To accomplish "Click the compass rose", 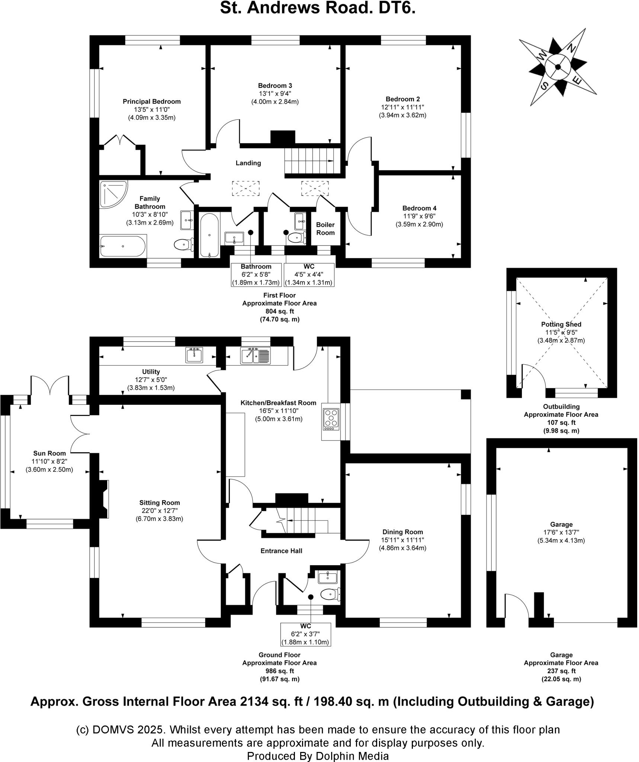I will coord(558,67).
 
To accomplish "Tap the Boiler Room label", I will coord(325,228).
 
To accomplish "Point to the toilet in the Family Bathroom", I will coord(183,244).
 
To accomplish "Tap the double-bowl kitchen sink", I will coord(255,355).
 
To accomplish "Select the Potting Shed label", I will coord(561,324).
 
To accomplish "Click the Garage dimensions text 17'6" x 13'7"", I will coord(561,532).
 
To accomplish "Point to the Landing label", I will coord(248,163).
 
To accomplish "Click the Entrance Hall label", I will coord(281,551).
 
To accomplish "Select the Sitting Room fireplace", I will coord(103,499).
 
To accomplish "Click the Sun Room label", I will coord(49,453).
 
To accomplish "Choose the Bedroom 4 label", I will coord(419,208).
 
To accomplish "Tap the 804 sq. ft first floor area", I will coord(279,311).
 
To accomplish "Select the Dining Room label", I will coord(402,532).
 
